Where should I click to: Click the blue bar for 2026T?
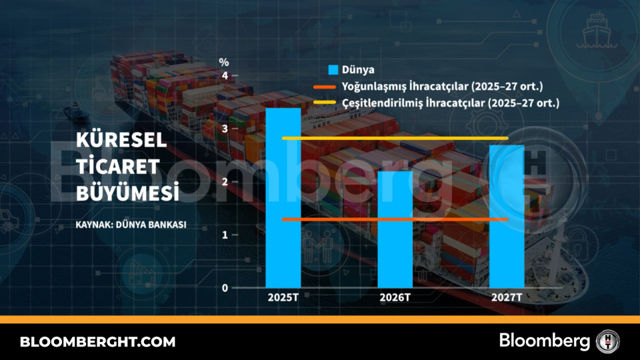click(395, 229)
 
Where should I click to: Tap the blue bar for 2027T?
click(507, 216)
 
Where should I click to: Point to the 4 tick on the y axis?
click(225, 76)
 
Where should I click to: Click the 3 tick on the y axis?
click(225, 129)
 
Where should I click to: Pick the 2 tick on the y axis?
click(225, 182)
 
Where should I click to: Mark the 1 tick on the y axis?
click(225, 235)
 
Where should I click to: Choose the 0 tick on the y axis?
click(225, 288)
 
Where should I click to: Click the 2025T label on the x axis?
click(283, 298)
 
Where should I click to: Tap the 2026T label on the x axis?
click(395, 298)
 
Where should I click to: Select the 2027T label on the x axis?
click(507, 298)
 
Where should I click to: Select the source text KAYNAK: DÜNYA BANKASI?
click(131, 224)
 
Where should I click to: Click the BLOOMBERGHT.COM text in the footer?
click(98, 342)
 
